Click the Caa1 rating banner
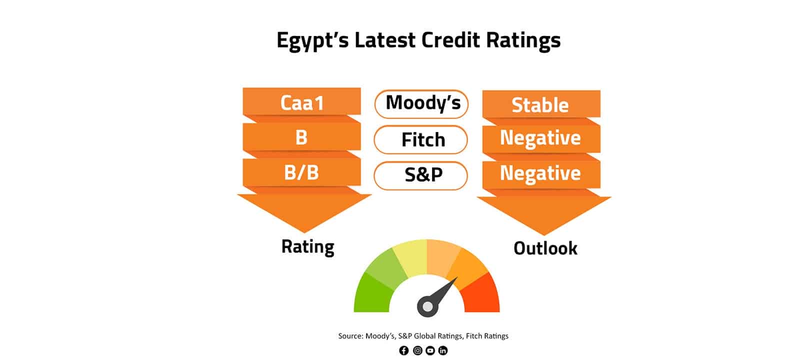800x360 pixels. point(302,101)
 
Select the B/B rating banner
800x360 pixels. point(302,172)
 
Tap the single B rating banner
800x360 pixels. point(302,137)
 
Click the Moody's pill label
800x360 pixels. point(421,104)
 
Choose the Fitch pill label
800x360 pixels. point(420,139)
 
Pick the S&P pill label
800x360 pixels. point(420,175)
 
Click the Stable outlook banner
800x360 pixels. point(541,104)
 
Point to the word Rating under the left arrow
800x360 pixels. point(308,247)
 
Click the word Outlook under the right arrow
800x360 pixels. point(545,248)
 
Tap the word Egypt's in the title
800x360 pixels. point(312,40)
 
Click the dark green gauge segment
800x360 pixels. point(371,294)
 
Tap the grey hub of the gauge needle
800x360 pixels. point(427,306)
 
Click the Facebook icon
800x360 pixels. point(404,350)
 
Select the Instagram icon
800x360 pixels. point(417,350)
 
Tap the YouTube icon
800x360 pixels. point(430,350)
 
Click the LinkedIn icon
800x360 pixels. point(443,350)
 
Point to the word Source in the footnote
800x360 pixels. point(350,336)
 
